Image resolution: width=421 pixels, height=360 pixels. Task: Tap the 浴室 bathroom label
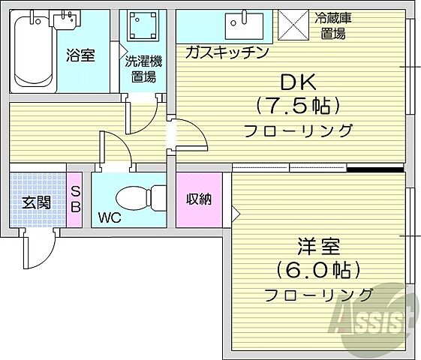[80, 55]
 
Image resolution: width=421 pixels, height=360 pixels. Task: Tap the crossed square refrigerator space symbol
[290, 25]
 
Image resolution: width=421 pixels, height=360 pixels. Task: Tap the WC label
[110, 220]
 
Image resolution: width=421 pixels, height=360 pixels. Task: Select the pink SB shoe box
[75, 199]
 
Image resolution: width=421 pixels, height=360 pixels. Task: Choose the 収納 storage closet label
[200, 199]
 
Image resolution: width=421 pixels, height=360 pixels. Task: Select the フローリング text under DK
[298, 130]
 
